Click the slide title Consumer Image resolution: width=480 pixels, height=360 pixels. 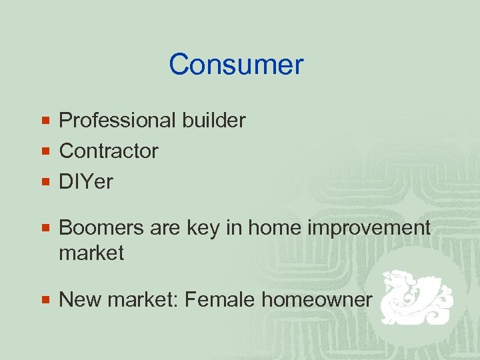(x=236, y=65)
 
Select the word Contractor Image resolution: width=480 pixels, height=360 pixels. (x=109, y=151)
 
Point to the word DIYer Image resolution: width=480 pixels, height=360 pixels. (x=86, y=181)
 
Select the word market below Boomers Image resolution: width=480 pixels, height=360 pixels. (x=91, y=253)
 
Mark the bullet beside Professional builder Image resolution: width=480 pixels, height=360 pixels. (x=46, y=121)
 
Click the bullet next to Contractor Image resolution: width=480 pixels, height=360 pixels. (x=46, y=151)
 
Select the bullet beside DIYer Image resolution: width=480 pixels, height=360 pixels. (x=46, y=182)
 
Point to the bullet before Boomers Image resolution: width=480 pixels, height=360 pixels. (x=46, y=229)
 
